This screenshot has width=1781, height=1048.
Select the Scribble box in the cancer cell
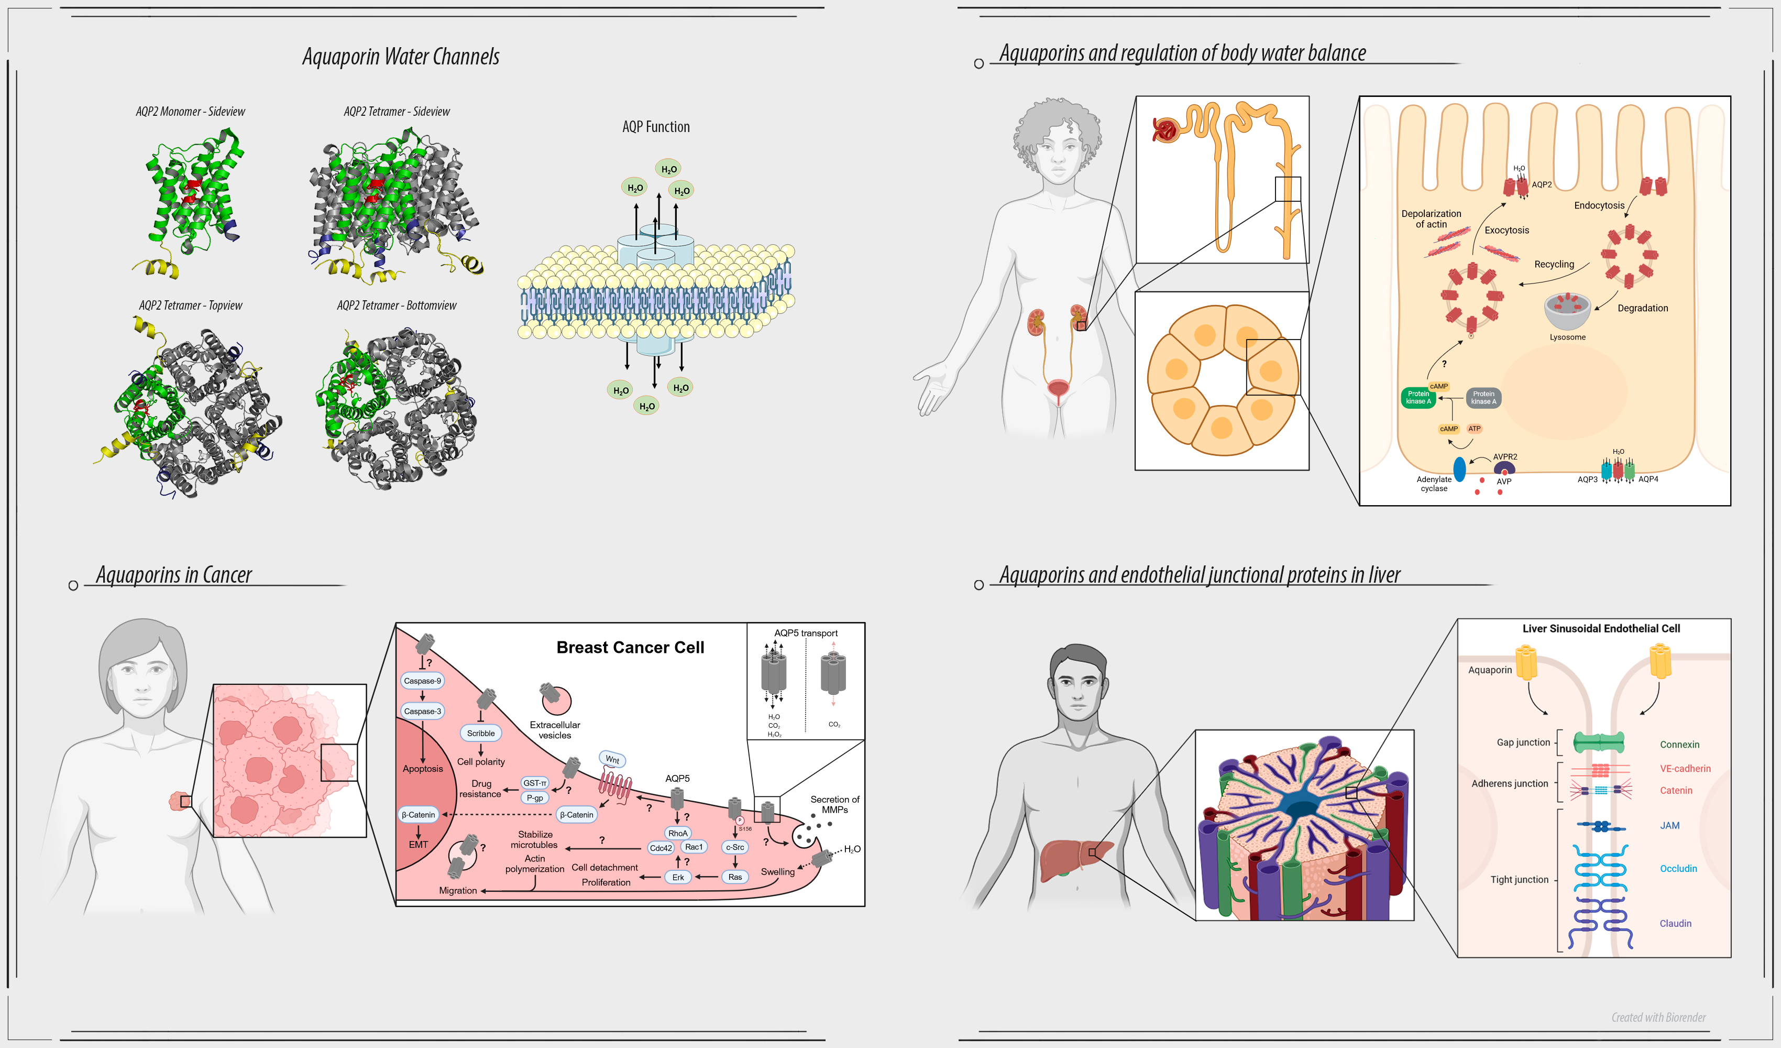tap(480, 733)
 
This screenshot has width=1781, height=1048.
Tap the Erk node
tap(678, 877)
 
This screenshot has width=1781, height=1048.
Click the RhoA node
tap(678, 833)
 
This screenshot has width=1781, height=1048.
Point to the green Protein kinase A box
tap(1418, 397)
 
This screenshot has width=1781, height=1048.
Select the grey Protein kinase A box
tap(1483, 397)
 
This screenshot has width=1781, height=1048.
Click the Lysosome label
tap(1568, 337)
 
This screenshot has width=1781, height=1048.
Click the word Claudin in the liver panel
tap(1675, 923)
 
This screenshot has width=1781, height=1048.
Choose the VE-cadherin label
tap(1685, 769)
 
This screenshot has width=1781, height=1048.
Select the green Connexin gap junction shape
tap(1599, 743)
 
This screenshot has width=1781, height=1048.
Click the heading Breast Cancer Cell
tap(630, 647)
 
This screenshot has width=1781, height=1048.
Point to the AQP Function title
tap(656, 127)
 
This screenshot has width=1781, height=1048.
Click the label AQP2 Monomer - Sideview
tap(190, 112)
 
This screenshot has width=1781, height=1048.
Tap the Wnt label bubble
tap(612, 759)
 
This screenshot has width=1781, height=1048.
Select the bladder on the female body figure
tap(1058, 388)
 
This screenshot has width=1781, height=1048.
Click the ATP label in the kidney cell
tap(1474, 429)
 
